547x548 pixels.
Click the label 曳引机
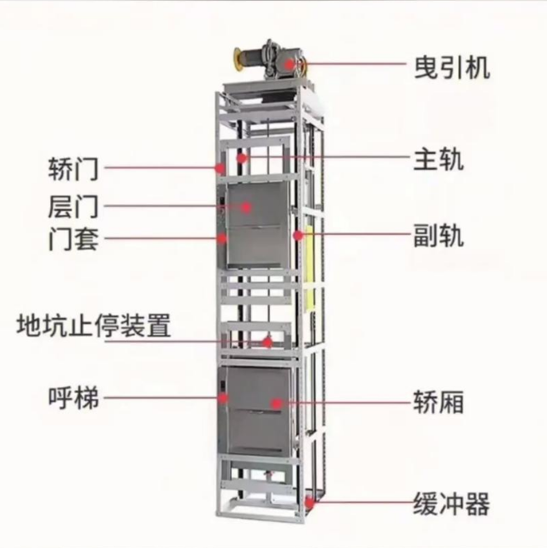pos(451,65)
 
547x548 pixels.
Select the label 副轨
pos(439,236)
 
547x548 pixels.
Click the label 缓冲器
pos(451,503)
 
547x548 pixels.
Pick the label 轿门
pos(74,167)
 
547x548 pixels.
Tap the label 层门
pos(74,205)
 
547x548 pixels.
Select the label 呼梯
pos(74,398)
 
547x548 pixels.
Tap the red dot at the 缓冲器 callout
pos(311,502)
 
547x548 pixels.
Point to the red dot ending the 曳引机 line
pos(289,63)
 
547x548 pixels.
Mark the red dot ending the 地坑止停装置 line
pos(268,341)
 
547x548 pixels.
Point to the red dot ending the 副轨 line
pos(299,237)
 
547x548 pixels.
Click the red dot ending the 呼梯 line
pos(223,399)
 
